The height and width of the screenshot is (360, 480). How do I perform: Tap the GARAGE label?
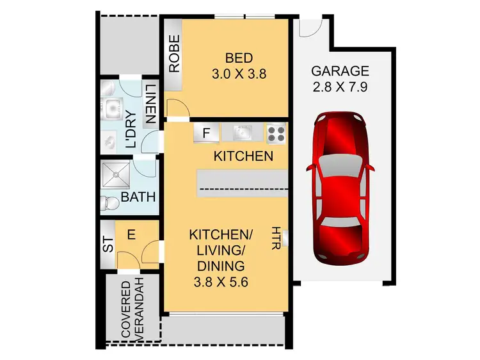(x=340, y=71)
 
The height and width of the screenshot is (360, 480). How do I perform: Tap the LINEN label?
(x=150, y=104)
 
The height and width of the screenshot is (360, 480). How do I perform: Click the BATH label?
(x=138, y=197)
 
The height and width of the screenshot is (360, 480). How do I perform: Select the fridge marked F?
(x=206, y=134)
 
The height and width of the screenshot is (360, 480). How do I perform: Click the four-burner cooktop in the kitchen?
(x=276, y=133)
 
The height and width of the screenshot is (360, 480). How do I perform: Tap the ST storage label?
(x=107, y=245)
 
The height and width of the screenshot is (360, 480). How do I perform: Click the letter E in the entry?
(x=131, y=235)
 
